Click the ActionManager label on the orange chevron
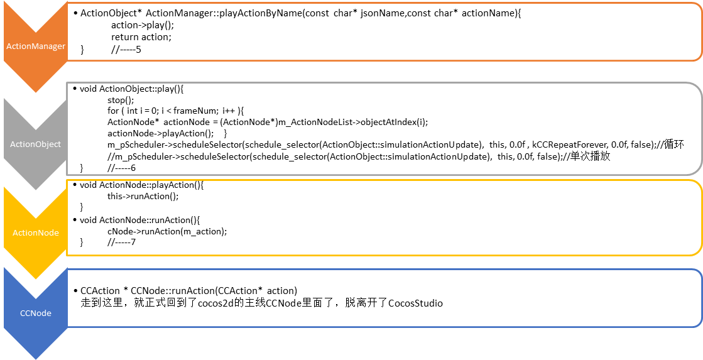[x=36, y=46]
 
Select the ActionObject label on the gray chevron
[x=35, y=144]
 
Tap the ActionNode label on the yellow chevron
[x=35, y=232]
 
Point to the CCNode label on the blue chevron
[x=36, y=313]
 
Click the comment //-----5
[x=126, y=49]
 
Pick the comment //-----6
[x=121, y=168]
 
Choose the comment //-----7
[x=121, y=242]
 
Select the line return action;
[x=141, y=37]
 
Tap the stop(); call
[x=121, y=100]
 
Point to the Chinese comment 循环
[x=675, y=145]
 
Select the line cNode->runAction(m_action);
[x=167, y=231]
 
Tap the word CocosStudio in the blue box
[x=416, y=303]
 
